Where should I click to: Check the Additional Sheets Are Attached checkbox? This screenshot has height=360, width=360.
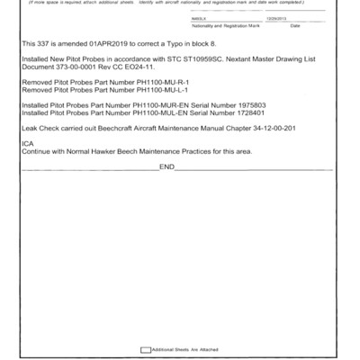(x=146, y=349)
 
